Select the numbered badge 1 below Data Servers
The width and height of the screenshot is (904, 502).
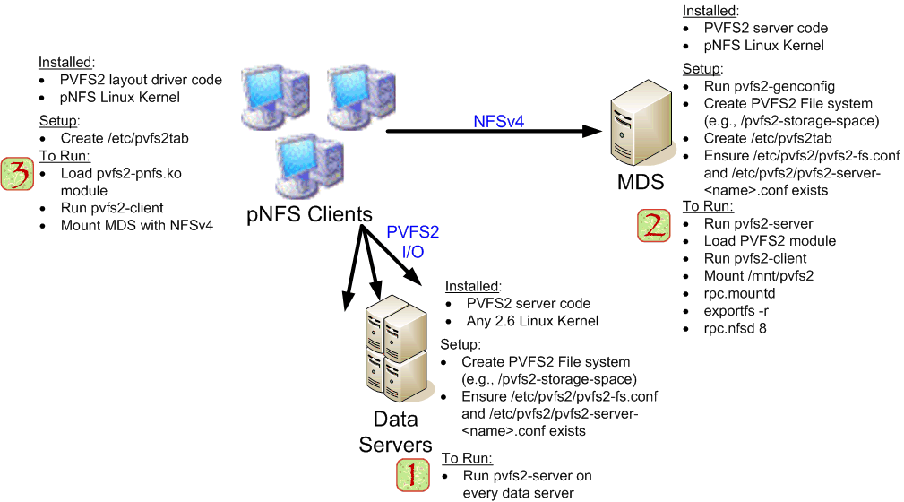tap(412, 475)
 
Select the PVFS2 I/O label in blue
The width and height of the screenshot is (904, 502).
tap(412, 242)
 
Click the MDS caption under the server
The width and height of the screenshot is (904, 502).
tap(640, 183)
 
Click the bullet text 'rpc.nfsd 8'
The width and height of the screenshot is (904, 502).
tap(735, 328)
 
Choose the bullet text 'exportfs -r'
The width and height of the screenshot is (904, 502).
tap(737, 310)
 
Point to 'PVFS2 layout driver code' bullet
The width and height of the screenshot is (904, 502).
tap(141, 80)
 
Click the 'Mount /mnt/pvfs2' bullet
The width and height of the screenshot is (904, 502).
tap(758, 275)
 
